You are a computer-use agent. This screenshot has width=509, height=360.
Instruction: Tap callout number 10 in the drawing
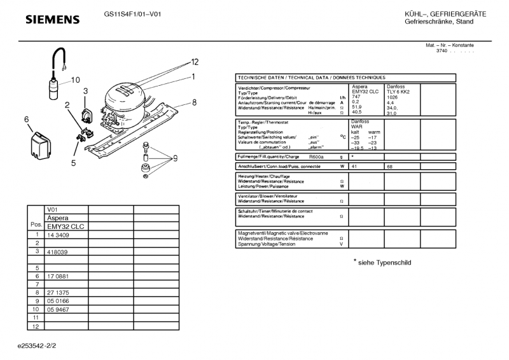point(76,80)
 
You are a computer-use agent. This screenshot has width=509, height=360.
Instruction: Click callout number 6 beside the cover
point(27,119)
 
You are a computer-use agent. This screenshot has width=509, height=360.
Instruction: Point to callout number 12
point(195,62)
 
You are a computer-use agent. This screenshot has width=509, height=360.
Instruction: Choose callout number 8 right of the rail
point(194,102)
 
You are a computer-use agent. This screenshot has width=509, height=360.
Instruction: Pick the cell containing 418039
point(57,252)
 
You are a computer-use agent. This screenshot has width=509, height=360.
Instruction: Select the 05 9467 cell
point(57,310)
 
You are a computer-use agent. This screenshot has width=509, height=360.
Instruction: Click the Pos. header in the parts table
point(36,226)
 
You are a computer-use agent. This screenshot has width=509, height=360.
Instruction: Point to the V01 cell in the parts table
point(52,209)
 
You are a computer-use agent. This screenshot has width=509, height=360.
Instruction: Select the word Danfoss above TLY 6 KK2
point(395,87)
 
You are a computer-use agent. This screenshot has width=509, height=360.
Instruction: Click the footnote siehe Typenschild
point(384,262)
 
